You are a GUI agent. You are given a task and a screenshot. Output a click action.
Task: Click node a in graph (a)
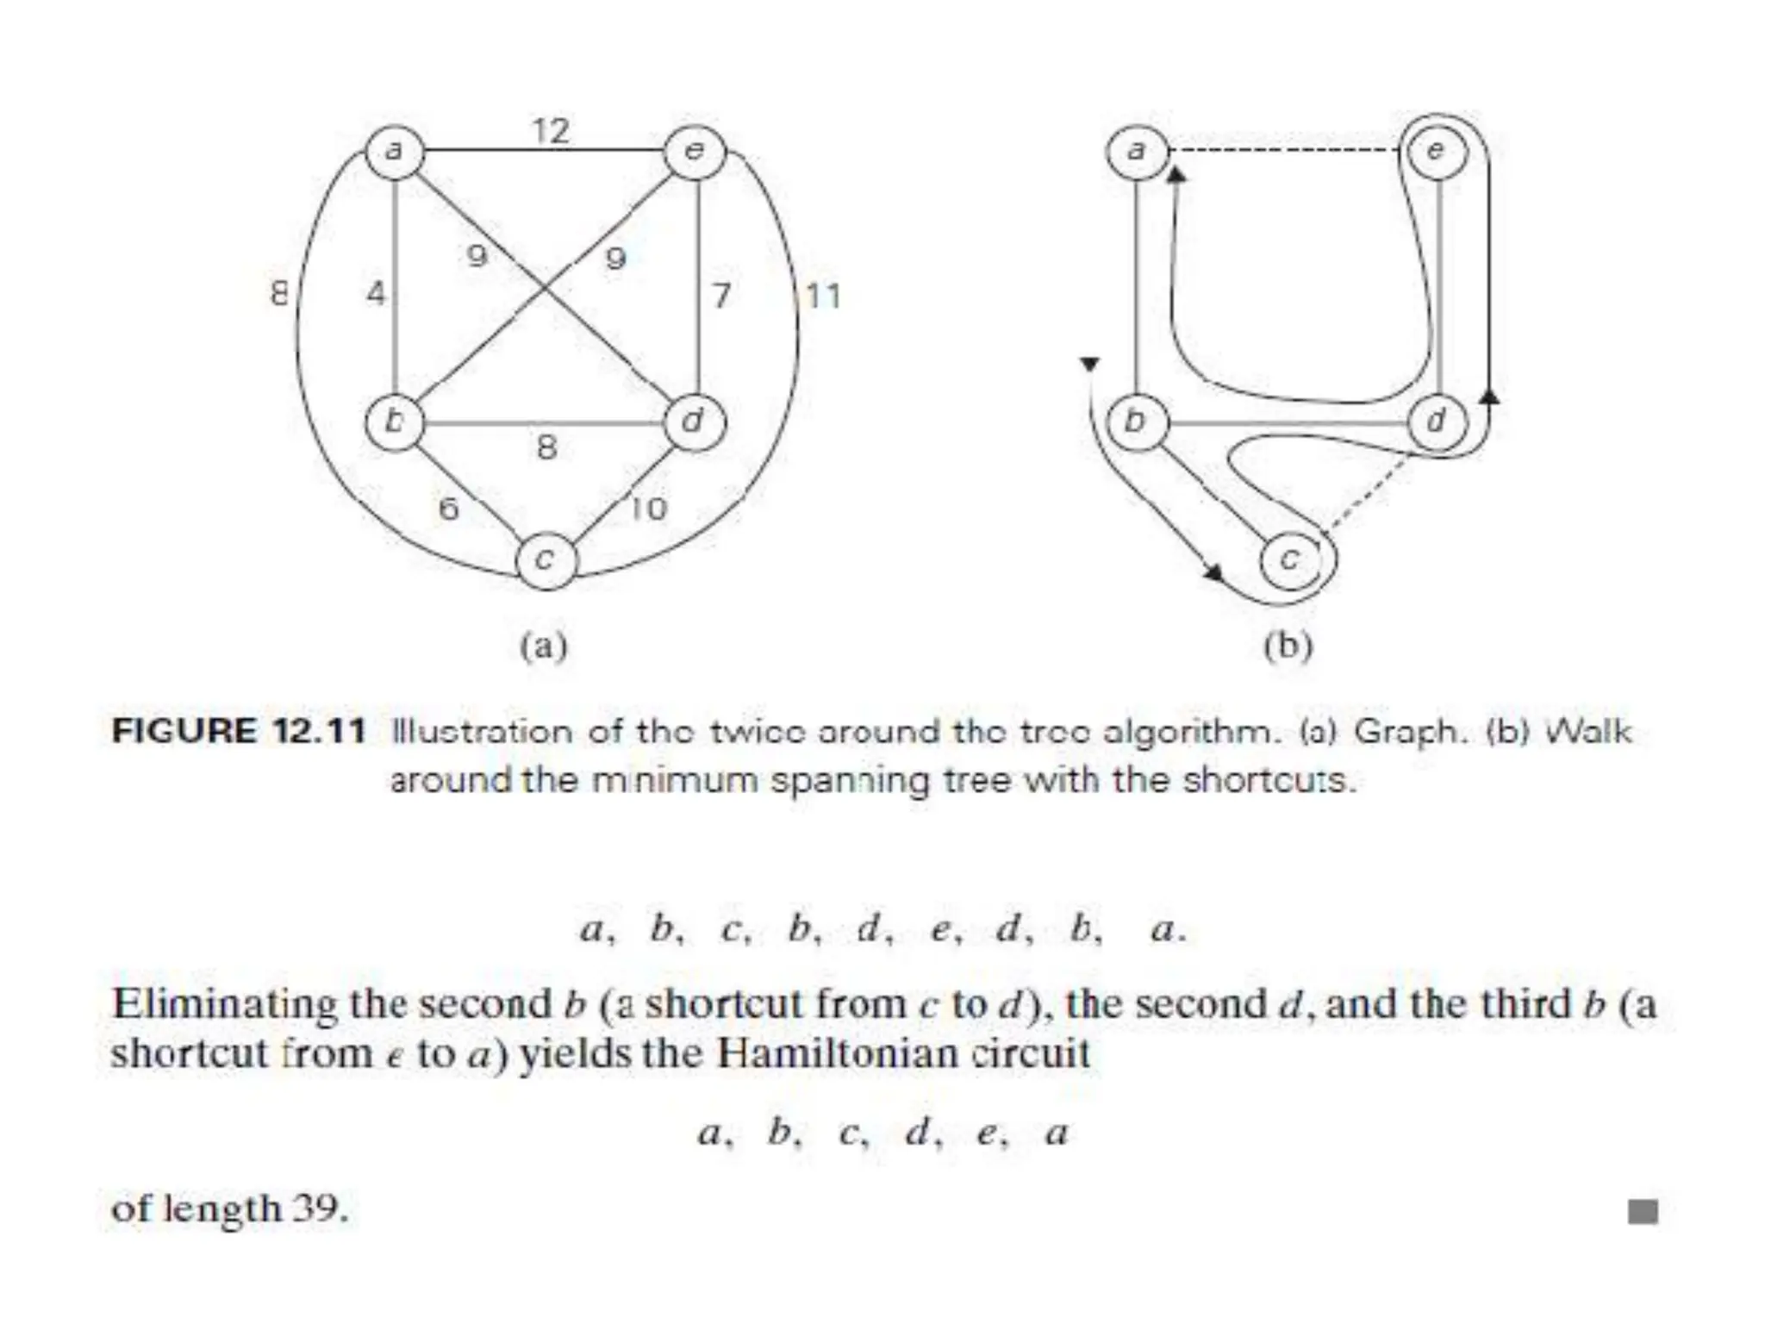(395, 152)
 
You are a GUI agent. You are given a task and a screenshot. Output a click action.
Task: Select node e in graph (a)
(695, 152)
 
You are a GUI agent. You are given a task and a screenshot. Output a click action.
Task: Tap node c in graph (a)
(545, 560)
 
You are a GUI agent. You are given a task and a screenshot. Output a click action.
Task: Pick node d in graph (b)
(1436, 422)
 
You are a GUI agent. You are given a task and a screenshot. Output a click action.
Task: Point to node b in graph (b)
(1136, 422)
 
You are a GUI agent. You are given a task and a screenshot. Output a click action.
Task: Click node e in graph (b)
(1436, 152)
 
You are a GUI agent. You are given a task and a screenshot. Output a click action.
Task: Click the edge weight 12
(551, 131)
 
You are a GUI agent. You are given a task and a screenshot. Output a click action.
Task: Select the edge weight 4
(376, 294)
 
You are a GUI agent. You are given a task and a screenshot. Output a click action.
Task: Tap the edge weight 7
(721, 296)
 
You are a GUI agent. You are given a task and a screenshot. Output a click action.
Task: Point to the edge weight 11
(823, 297)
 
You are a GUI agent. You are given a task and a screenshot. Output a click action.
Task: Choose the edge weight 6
(448, 509)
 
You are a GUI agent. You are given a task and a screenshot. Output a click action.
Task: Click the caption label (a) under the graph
(544, 646)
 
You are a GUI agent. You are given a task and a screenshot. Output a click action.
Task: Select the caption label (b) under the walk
(1288, 646)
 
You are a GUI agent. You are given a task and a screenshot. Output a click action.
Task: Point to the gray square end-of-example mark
(1643, 1212)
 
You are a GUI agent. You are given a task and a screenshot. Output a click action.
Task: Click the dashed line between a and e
(1284, 152)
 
